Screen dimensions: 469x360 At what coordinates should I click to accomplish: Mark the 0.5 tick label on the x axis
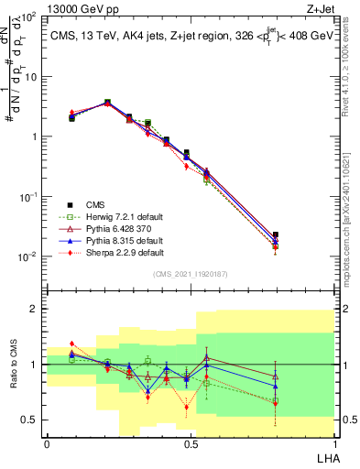[191, 443]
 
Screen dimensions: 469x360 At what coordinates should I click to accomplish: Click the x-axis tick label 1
[334, 443]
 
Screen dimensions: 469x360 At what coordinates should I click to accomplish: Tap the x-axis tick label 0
[47, 443]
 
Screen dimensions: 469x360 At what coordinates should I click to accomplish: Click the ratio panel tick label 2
[35, 309]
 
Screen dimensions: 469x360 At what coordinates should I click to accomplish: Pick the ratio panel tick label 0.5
[31, 420]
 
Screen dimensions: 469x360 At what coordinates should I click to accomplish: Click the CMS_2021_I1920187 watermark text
[191, 274]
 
